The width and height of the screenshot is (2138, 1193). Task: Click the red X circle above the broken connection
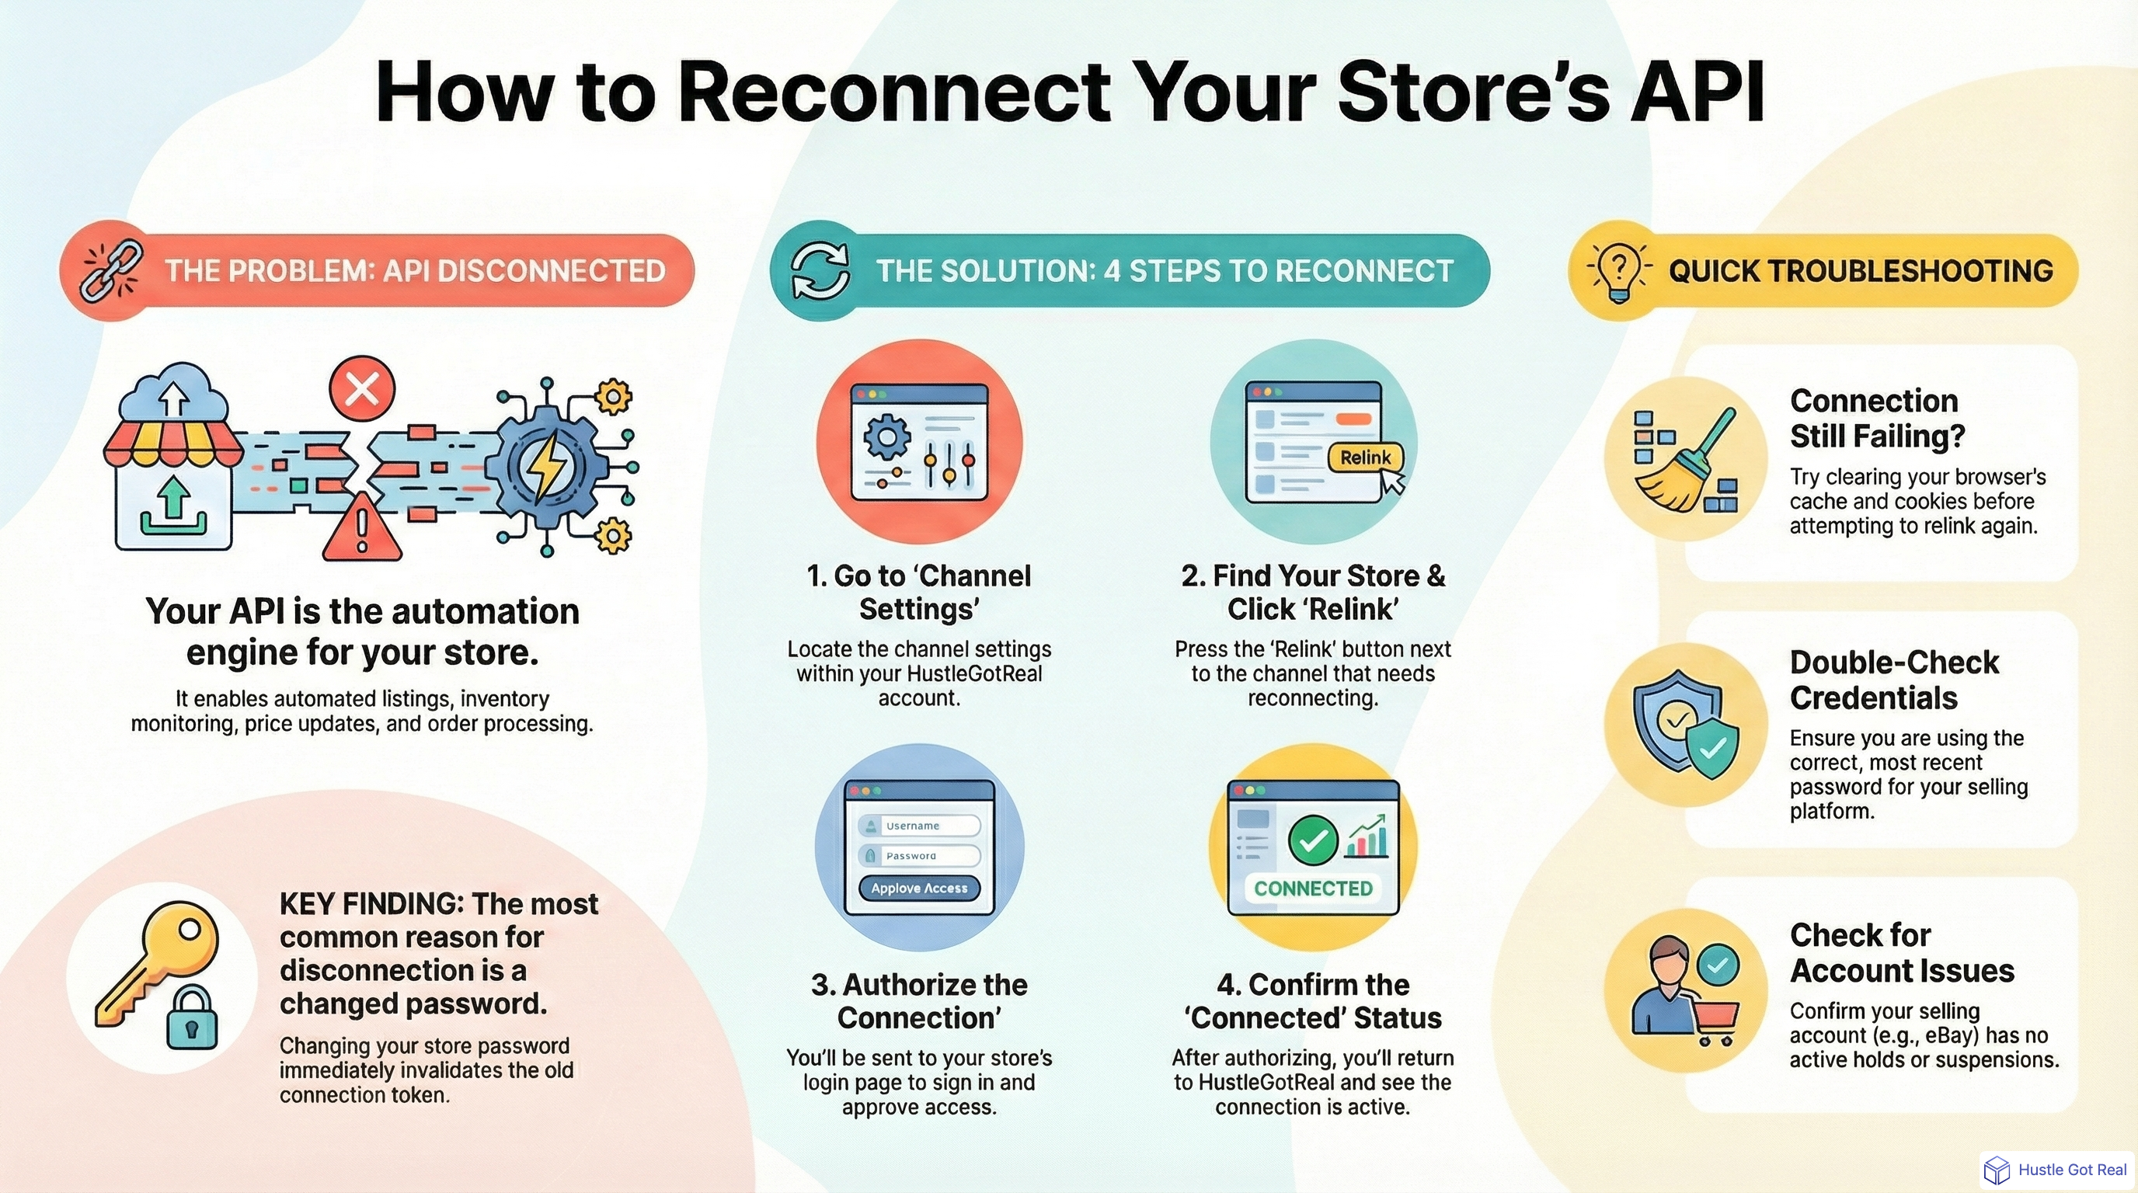(x=362, y=388)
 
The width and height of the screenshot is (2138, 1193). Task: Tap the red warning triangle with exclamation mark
(x=361, y=528)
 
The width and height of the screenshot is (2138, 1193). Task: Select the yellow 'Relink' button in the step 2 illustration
(x=1364, y=457)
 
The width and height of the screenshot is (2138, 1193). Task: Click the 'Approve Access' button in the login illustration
(x=919, y=888)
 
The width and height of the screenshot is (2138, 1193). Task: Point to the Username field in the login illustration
(x=920, y=826)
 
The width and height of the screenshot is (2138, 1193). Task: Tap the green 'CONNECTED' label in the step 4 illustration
(x=1312, y=889)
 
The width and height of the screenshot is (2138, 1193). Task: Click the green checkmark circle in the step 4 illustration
(x=1312, y=840)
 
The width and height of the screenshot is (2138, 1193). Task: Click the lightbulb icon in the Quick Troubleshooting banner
(x=1617, y=270)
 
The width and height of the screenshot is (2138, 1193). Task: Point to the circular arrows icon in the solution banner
(x=820, y=270)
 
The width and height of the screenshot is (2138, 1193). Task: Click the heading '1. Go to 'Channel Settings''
(x=919, y=593)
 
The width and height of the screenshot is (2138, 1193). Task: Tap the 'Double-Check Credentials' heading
(x=1893, y=680)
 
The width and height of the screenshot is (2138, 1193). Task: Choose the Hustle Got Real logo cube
(x=1996, y=1170)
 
